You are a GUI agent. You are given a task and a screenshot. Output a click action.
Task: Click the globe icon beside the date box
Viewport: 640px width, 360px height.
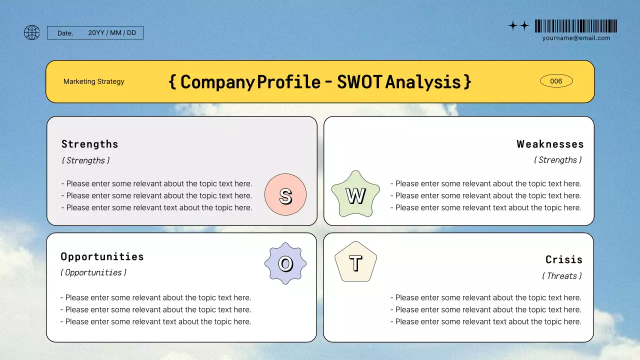click(31, 33)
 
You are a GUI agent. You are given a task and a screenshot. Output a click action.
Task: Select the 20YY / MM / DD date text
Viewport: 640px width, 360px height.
click(112, 33)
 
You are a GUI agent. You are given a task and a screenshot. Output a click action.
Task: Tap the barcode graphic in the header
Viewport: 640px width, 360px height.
click(575, 26)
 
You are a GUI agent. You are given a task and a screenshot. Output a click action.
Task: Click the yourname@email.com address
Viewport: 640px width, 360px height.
click(576, 38)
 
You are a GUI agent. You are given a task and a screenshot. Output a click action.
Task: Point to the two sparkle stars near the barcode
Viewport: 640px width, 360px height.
click(518, 26)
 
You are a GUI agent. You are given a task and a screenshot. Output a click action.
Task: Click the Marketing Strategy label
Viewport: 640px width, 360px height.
click(94, 81)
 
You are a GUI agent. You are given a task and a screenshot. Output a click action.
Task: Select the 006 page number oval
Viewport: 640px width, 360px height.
click(556, 81)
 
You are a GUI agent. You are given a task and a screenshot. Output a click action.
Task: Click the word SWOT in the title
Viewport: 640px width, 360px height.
click(359, 81)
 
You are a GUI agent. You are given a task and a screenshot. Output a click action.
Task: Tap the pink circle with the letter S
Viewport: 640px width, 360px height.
click(285, 195)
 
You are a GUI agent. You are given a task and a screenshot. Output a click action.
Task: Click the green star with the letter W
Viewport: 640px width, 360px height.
click(355, 195)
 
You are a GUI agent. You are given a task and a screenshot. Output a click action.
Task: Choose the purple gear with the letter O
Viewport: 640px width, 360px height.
click(285, 263)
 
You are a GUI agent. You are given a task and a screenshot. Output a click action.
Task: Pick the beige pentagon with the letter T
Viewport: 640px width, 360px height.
click(355, 262)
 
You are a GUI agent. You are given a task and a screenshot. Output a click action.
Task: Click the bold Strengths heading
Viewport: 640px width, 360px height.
click(90, 144)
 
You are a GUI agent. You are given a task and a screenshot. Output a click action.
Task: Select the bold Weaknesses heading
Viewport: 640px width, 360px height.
click(550, 144)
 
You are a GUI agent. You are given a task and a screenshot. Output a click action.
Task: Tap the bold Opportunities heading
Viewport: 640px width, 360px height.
click(102, 256)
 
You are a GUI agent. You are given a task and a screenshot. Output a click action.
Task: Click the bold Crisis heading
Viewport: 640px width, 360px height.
click(564, 259)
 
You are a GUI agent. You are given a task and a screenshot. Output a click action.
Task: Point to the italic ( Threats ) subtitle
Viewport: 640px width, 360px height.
click(562, 276)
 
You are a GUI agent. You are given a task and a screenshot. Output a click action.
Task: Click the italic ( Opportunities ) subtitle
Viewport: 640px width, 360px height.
click(93, 272)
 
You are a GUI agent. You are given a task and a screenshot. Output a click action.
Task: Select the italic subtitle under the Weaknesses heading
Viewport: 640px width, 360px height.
click(557, 160)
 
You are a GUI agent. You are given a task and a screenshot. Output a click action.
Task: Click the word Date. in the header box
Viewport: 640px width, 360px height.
click(65, 33)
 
